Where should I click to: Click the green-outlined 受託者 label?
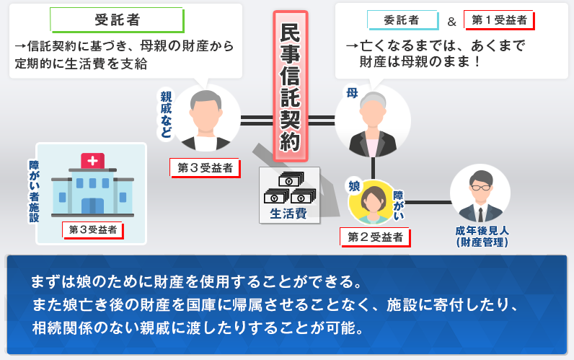click(117, 19)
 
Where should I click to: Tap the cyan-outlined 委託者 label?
click(402, 20)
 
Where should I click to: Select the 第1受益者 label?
click(499, 20)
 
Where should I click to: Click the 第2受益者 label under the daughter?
click(375, 237)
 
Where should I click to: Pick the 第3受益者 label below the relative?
click(205, 168)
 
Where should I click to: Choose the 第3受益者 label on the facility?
click(93, 230)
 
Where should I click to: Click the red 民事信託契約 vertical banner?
click(291, 87)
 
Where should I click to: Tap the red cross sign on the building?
click(92, 161)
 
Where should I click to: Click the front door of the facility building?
click(92, 206)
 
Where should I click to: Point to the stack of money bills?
click(290, 188)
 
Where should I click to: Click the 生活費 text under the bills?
click(288, 214)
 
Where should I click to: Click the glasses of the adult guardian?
click(481, 188)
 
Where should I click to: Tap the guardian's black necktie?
click(481, 214)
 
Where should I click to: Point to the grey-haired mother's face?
click(373, 113)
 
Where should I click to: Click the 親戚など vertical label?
click(166, 114)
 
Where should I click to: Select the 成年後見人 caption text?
click(482, 231)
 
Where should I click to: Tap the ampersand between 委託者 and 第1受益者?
click(451, 22)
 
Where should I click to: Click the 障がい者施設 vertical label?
click(34, 191)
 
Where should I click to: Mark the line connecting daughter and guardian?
click(428, 202)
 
